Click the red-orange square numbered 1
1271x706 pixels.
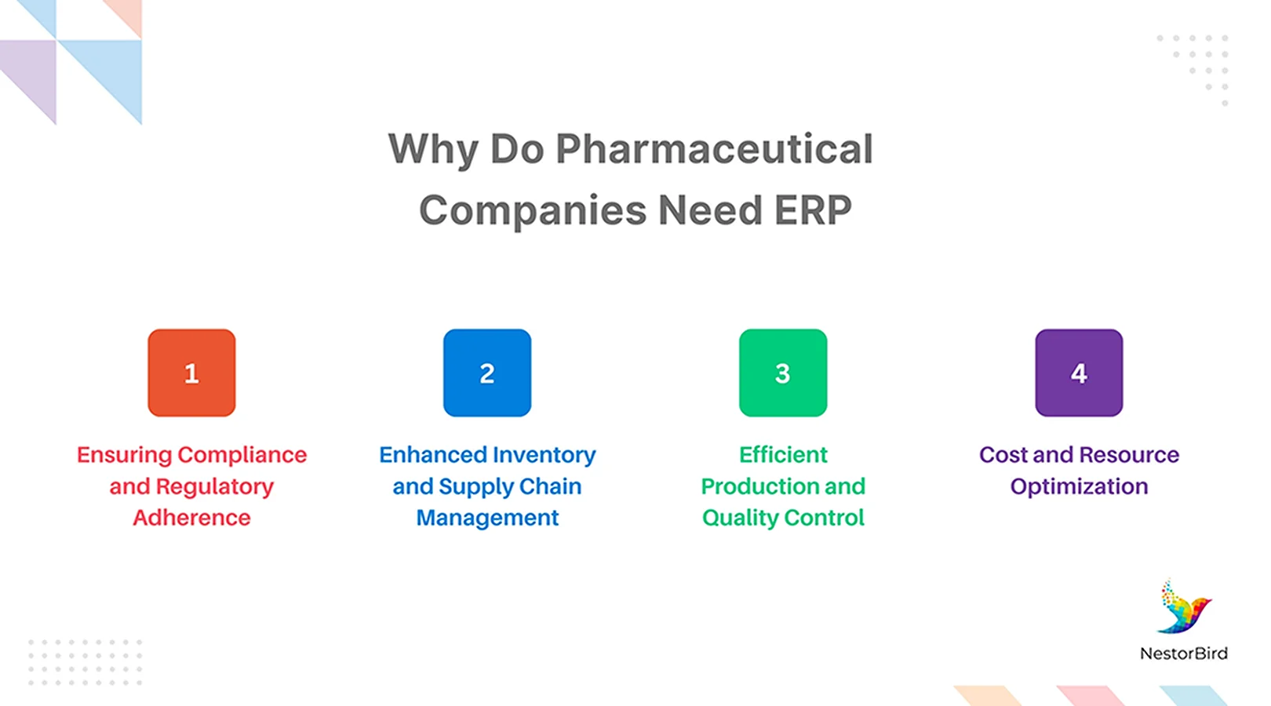[x=191, y=373]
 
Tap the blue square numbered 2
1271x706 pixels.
[x=487, y=373]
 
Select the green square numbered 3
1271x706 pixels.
[x=783, y=373]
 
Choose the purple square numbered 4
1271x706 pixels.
[x=1079, y=373]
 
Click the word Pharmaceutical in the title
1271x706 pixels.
[x=714, y=149]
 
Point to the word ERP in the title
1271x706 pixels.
[x=813, y=210]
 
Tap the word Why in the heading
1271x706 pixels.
[x=433, y=149]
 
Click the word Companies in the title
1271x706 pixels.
[x=533, y=210]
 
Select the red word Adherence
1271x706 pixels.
[x=191, y=518]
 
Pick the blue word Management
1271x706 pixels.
[x=487, y=518]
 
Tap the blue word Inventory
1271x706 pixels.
[x=544, y=455]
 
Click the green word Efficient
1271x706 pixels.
[x=783, y=455]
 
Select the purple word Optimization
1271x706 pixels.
[x=1079, y=486]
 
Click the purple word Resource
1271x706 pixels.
[x=1129, y=455]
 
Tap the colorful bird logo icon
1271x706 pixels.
[x=1184, y=608]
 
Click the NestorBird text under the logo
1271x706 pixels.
[x=1184, y=653]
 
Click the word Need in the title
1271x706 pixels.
[x=710, y=210]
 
